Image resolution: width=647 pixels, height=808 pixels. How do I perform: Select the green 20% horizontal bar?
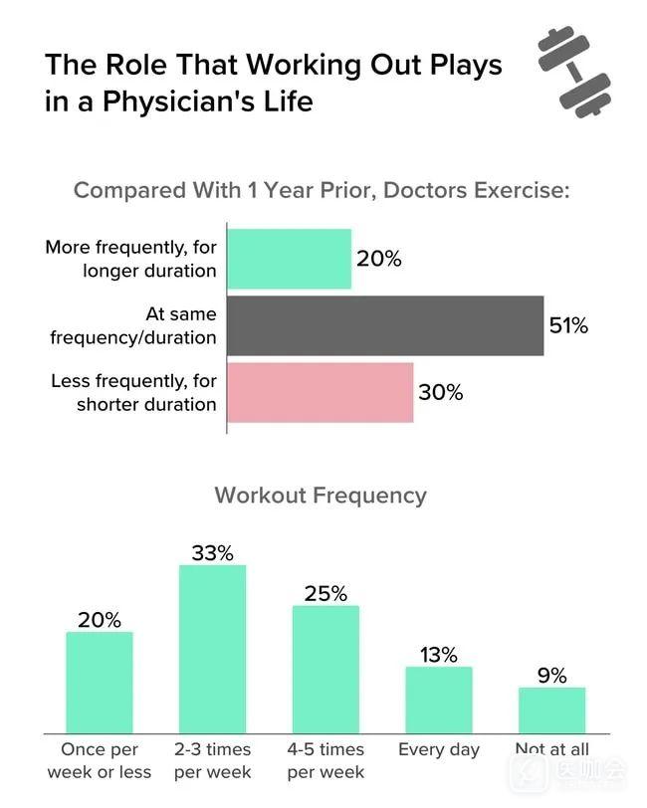pyautogui.click(x=290, y=259)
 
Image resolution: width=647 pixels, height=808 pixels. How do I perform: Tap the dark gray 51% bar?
pyautogui.click(x=385, y=325)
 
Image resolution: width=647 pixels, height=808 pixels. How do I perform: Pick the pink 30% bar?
pyautogui.click(x=321, y=392)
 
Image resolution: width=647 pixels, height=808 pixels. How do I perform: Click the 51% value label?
pyautogui.click(x=568, y=325)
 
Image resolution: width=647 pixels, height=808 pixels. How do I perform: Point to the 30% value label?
pyautogui.click(x=441, y=392)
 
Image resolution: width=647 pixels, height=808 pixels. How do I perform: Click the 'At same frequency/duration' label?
pyautogui.click(x=133, y=325)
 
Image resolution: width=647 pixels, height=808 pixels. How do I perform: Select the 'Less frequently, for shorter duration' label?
pyautogui.click(x=132, y=392)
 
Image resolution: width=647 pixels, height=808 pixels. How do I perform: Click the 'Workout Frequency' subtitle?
pyautogui.click(x=321, y=495)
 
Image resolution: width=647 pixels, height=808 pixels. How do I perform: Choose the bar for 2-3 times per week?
pyautogui.click(x=212, y=648)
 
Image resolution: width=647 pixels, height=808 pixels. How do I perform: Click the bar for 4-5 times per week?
pyautogui.click(x=325, y=668)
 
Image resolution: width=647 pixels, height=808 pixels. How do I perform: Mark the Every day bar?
pyautogui.click(x=439, y=699)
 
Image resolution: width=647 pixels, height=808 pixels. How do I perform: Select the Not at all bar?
pyautogui.click(x=552, y=708)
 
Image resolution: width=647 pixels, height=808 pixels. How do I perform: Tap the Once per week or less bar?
pyautogui.click(x=100, y=681)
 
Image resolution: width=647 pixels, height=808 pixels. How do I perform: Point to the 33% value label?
pyautogui.click(x=212, y=553)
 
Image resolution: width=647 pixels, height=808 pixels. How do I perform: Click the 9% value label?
pyautogui.click(x=552, y=676)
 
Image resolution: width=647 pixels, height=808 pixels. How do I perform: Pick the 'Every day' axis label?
pyautogui.click(x=439, y=749)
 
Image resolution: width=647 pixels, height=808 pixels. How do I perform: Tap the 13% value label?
pyautogui.click(x=439, y=655)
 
